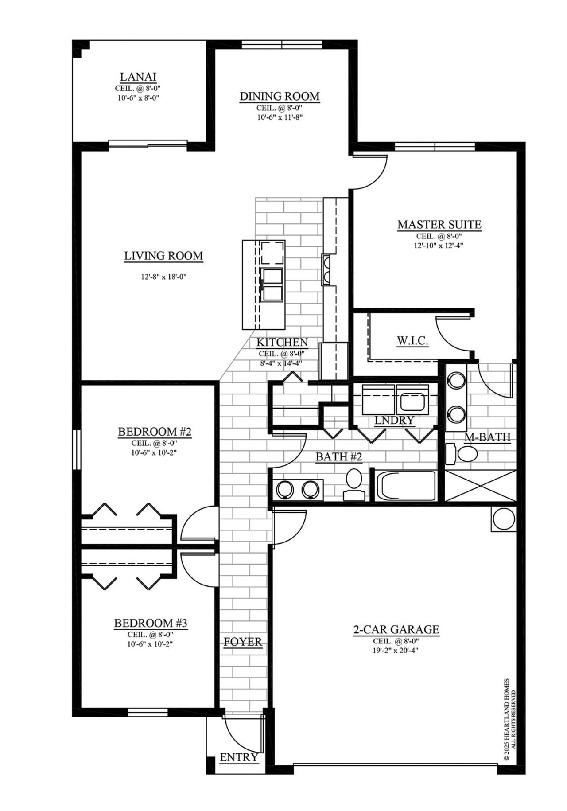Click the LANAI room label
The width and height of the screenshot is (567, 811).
pyautogui.click(x=138, y=77)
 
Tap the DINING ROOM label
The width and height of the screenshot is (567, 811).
pyautogui.click(x=280, y=96)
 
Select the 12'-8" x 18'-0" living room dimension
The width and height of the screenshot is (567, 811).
pyautogui.click(x=163, y=277)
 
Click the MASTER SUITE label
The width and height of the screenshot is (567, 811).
pyautogui.click(x=439, y=225)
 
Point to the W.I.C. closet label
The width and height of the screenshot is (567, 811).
pyautogui.click(x=412, y=341)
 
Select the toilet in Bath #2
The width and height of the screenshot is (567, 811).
pyautogui.click(x=354, y=483)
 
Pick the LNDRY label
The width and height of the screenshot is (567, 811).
pyautogui.click(x=394, y=420)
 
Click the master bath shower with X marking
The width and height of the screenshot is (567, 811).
pyautogui.click(x=480, y=487)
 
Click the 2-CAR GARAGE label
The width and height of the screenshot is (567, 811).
pyautogui.click(x=396, y=629)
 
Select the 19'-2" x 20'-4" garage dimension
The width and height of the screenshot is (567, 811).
pyautogui.click(x=396, y=650)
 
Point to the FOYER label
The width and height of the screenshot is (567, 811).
pyautogui.click(x=243, y=642)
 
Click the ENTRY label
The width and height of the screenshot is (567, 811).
pyautogui.click(x=239, y=757)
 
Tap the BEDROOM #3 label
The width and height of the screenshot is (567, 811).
pyautogui.click(x=151, y=623)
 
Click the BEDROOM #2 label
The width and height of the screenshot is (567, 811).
pyautogui.click(x=155, y=431)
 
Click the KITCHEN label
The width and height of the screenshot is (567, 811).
pyautogui.click(x=282, y=342)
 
